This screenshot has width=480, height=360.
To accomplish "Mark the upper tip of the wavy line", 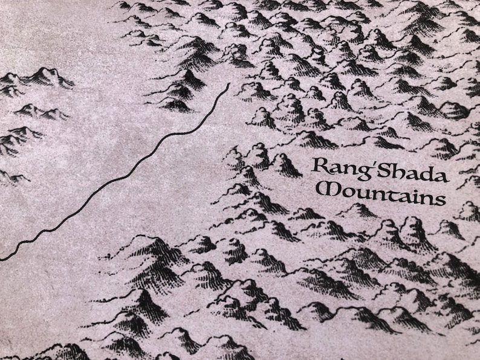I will tap(228, 85).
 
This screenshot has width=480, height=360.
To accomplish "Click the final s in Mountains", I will tap(439, 200).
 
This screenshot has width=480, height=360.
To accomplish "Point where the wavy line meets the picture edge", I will tap(1, 259).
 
